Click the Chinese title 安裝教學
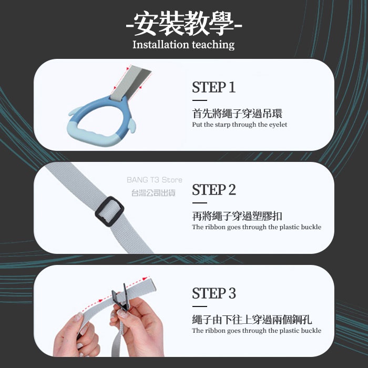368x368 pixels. click(184, 24)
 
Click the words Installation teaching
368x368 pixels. click(183, 45)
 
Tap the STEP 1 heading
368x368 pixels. click(213, 87)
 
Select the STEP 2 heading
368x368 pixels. click(214, 190)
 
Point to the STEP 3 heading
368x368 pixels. click(214, 293)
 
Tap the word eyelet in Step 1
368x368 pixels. click(278, 125)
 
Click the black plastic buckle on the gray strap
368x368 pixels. click(109, 211)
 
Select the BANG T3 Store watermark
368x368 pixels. click(155, 180)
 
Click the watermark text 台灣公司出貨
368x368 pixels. click(154, 193)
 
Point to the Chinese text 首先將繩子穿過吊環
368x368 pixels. click(237, 114)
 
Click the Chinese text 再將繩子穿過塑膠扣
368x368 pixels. click(237, 216)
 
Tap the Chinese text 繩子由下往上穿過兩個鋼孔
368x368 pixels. click(252, 320)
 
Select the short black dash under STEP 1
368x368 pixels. click(199, 100)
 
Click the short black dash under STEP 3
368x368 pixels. click(199, 306)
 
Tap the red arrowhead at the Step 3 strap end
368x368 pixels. click(145, 279)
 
